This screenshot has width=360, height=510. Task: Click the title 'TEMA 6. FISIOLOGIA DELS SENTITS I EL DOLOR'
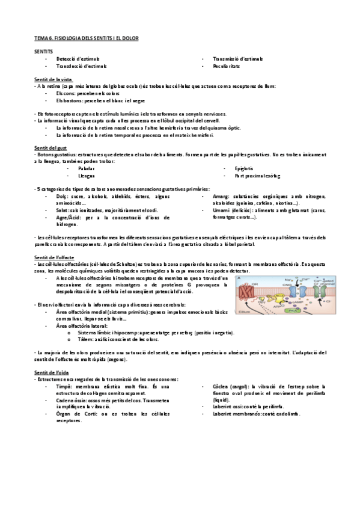(x=86, y=38)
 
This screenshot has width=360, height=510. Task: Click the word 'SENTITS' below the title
(x=44, y=52)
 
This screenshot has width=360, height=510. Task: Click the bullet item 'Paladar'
(x=87, y=169)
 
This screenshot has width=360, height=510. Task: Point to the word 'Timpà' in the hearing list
(x=64, y=387)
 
